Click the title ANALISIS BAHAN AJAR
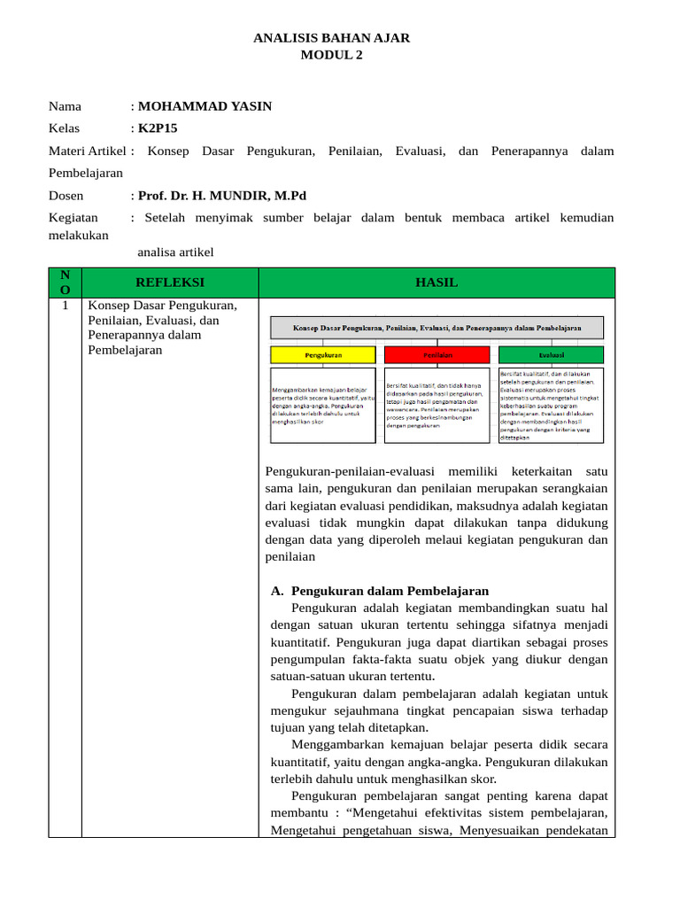point(331,38)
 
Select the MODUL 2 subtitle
point(331,55)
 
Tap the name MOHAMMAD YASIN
point(205,106)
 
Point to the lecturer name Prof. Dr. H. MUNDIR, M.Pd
point(221,195)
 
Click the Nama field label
point(65,106)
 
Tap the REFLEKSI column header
point(169,283)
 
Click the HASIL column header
point(436,283)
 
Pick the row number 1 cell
point(65,306)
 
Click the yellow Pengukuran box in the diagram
point(322,354)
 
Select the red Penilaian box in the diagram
point(437,354)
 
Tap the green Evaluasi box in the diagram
point(551,354)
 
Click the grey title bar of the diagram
point(437,328)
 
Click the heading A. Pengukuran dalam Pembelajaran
point(379,591)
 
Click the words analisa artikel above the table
point(175,252)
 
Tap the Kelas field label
point(64,128)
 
